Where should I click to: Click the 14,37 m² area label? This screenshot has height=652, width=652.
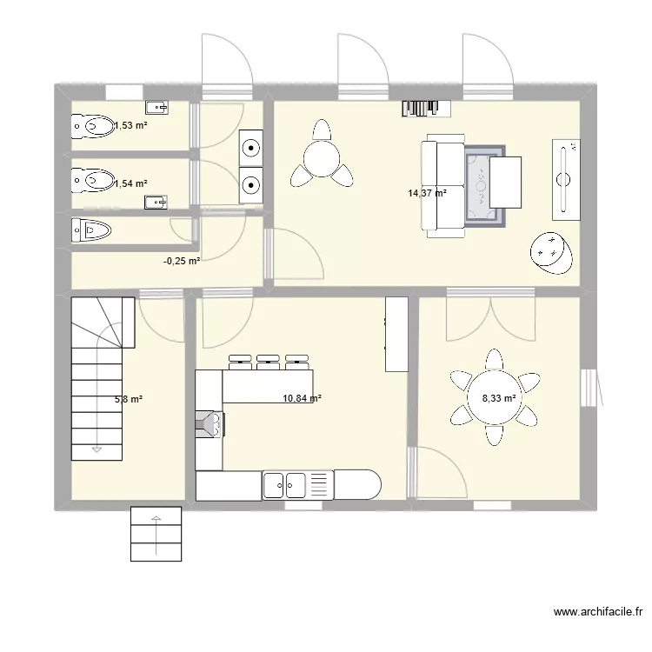(x=427, y=193)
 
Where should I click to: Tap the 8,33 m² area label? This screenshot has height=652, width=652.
(x=499, y=398)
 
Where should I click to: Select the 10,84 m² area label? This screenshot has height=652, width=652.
(x=302, y=398)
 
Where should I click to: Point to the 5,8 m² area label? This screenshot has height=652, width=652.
(x=129, y=400)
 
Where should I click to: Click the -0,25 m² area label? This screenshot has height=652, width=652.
(x=182, y=261)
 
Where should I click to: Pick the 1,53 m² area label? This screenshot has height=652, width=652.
(x=130, y=125)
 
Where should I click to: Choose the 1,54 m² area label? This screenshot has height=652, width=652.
(x=130, y=183)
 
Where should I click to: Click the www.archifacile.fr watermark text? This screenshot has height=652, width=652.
(x=598, y=612)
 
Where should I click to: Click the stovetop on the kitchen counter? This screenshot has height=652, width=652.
(x=210, y=424)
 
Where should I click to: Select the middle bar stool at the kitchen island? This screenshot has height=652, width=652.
(x=268, y=363)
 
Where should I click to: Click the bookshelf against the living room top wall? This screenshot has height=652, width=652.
(x=426, y=108)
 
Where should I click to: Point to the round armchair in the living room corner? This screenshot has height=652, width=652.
(x=551, y=253)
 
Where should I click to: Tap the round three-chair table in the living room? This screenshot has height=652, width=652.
(x=322, y=157)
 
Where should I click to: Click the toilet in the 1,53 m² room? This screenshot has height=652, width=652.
(x=92, y=125)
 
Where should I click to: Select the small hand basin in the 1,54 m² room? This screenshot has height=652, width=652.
(x=156, y=203)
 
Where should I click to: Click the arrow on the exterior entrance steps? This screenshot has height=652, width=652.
(x=156, y=536)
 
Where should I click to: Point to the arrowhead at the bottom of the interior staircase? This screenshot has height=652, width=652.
(x=96, y=449)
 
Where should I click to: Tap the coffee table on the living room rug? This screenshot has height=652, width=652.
(x=505, y=183)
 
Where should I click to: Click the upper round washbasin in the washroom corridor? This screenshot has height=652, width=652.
(x=251, y=147)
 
